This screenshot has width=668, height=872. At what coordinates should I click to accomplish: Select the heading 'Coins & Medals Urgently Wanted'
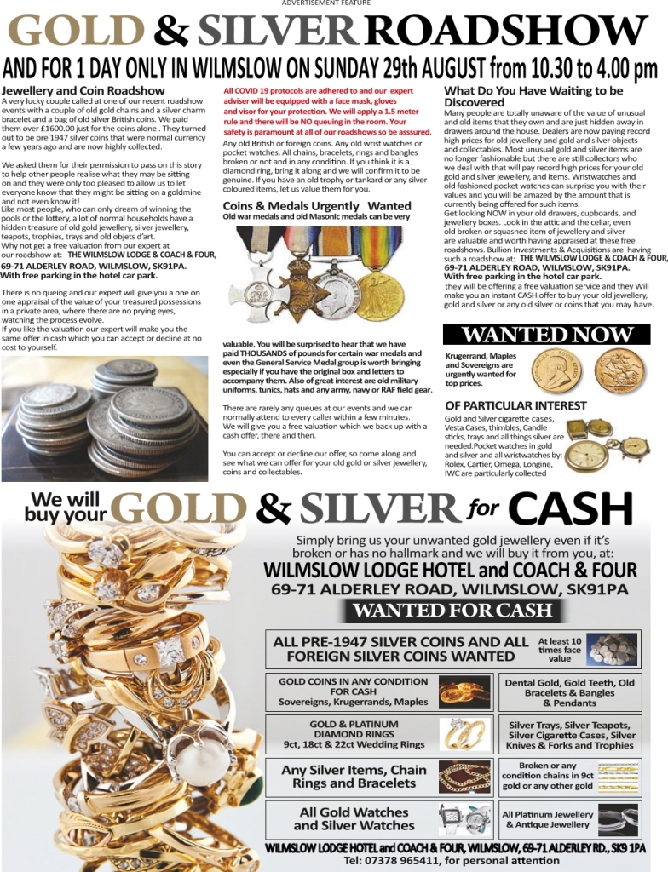tap(316, 206)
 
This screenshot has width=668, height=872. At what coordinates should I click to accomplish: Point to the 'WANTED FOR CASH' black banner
tap(452, 611)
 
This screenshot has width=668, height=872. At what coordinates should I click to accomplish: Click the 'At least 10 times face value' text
tap(560, 650)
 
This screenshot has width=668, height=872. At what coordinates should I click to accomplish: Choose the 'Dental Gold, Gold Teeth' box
tap(569, 692)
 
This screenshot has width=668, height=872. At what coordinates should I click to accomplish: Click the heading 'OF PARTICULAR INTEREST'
tap(515, 405)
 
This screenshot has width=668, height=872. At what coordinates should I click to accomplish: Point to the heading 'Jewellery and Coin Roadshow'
tap(83, 90)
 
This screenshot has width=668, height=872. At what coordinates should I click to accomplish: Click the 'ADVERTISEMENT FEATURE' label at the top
tap(326, 3)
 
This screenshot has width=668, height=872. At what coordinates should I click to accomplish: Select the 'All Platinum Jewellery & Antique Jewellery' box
tap(569, 819)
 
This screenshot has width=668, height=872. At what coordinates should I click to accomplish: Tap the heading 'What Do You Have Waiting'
tap(533, 90)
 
